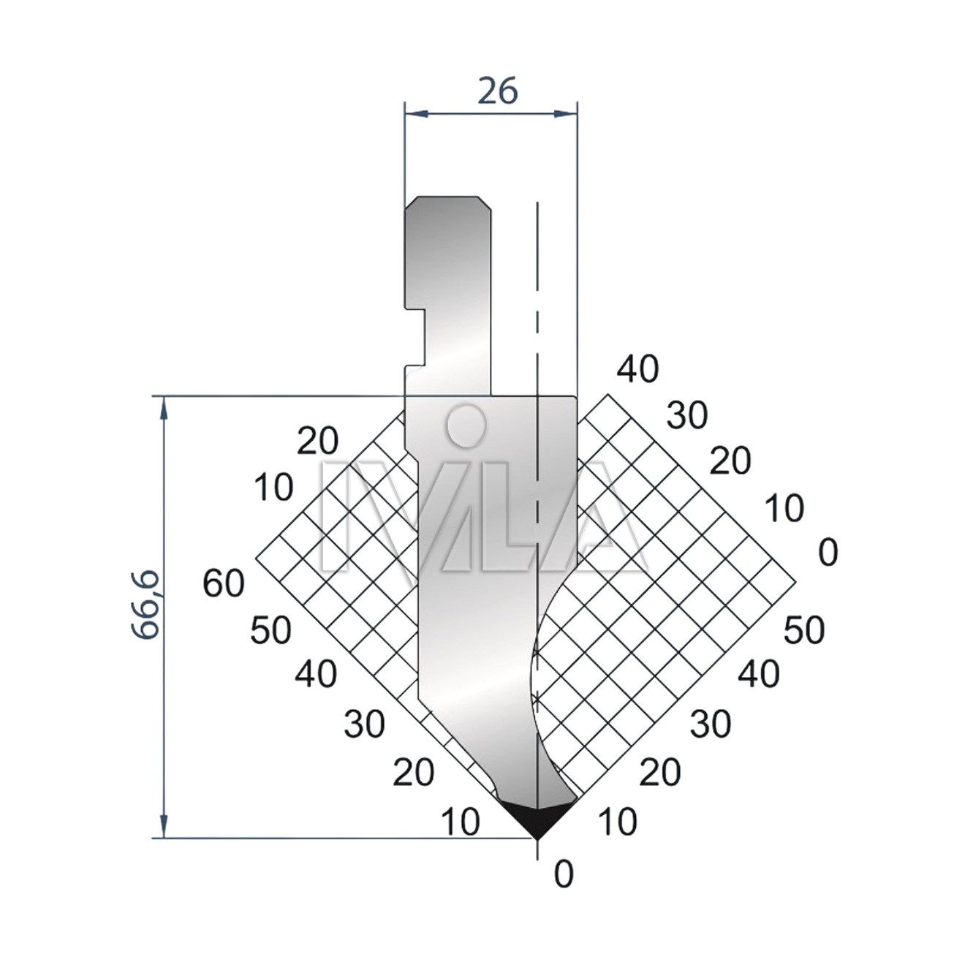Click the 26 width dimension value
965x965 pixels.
point(497,91)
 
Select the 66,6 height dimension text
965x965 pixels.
point(146,604)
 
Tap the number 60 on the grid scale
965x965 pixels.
point(224,584)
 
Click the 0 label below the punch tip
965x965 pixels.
point(564,889)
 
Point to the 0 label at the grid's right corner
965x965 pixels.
point(828,553)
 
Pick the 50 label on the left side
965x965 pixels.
point(270,630)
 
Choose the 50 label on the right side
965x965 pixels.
point(803,630)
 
